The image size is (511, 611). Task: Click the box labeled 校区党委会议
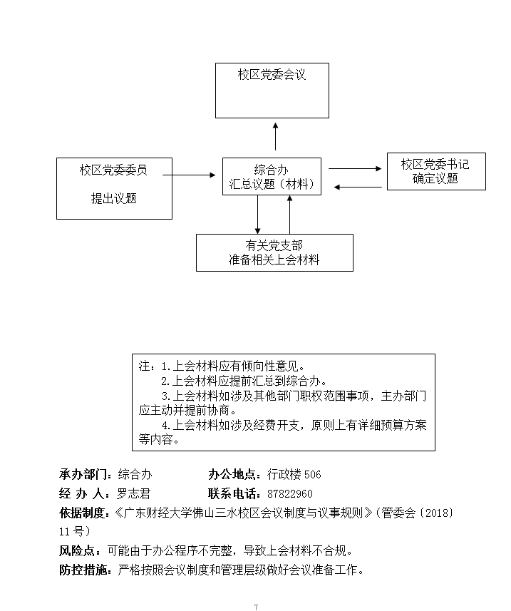pyautogui.click(x=272, y=90)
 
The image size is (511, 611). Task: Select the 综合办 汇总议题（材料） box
pyautogui.click(x=272, y=177)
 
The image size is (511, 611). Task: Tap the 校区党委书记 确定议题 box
pyautogui.click(x=435, y=171)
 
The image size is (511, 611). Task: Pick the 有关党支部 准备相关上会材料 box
pyautogui.click(x=274, y=252)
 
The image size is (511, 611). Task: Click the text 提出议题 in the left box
pyautogui.click(x=114, y=198)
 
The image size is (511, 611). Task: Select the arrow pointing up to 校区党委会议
pyautogui.click(x=276, y=137)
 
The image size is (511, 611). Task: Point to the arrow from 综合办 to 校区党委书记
pyautogui.click(x=355, y=169)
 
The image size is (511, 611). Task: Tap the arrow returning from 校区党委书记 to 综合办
pyautogui.click(x=361, y=188)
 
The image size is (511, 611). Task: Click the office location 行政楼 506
pyautogui.click(x=294, y=474)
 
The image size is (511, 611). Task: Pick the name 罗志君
pyautogui.click(x=133, y=493)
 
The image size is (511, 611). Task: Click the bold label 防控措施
pyautogui.click(x=83, y=570)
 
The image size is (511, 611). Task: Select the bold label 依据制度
pyautogui.click(x=83, y=513)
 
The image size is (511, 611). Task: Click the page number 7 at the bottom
pyautogui.click(x=255, y=607)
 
